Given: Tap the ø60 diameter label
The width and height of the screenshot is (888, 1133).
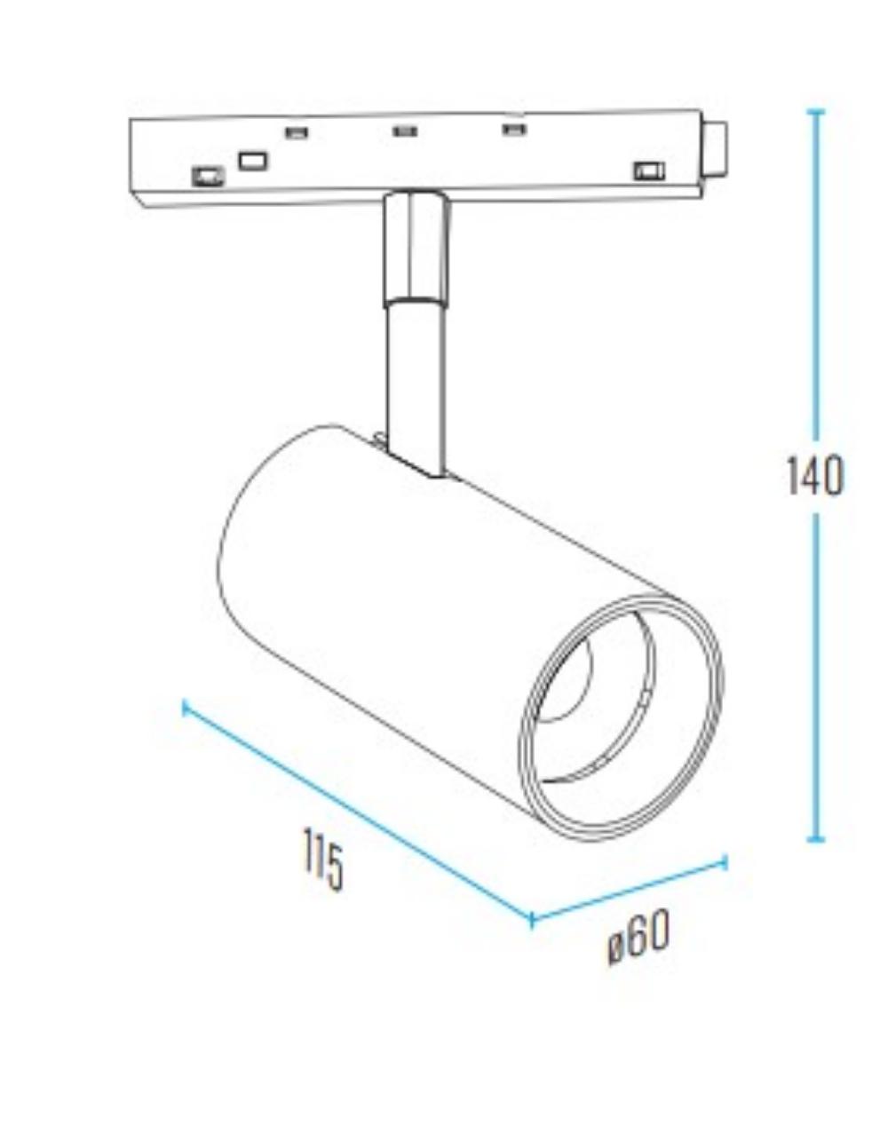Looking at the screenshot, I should point(638,938).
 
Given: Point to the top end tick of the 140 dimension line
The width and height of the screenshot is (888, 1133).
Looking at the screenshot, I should point(815,112).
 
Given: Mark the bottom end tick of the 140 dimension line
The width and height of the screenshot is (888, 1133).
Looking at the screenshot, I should point(815,838).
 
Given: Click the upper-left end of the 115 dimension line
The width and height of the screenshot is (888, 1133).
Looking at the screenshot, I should point(185,707).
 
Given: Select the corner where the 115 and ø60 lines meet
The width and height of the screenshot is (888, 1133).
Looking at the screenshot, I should point(531,919).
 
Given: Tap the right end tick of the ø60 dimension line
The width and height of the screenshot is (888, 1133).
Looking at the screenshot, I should point(725,861).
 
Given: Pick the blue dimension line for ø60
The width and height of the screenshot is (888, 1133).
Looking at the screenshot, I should point(629,890).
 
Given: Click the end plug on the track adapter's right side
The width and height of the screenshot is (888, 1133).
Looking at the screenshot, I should point(715,149).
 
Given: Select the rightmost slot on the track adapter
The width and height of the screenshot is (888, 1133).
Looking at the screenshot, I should point(648,170).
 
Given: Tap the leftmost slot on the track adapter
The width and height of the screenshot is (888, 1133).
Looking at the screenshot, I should point(208,176).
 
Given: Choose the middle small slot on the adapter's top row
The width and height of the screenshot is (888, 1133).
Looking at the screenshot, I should point(405,131).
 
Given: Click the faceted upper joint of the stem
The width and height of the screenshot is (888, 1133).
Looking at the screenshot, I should point(415,249).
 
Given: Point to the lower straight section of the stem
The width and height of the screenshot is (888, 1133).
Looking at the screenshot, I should point(415,382).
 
